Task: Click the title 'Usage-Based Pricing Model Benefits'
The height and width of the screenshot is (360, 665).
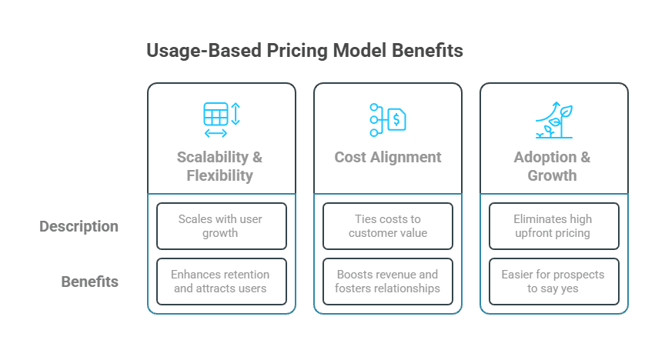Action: coord(304,51)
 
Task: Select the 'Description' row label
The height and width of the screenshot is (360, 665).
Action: coord(79,226)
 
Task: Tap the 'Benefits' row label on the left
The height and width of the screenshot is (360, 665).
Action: coord(90,282)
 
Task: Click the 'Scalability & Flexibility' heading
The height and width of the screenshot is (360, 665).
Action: coord(220,166)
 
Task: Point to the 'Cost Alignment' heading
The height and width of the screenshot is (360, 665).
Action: coord(388,157)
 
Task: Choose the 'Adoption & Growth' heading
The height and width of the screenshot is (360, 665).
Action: coord(553,166)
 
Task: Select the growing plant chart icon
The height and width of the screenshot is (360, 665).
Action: coord(554,119)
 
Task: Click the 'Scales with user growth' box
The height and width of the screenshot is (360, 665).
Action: coord(222,226)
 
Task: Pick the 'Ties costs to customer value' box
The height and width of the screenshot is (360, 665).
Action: coord(388,226)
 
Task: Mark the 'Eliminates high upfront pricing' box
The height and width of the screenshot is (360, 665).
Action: coord(554,226)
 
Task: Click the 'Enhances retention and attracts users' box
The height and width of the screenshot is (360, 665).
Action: coord(222,282)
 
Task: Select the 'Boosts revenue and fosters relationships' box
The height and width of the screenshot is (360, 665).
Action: coord(388,282)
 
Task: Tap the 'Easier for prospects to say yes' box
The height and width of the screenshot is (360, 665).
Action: coord(554,282)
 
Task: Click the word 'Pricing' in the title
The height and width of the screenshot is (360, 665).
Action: coord(297,51)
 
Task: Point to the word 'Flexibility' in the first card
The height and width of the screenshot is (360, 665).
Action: coord(220,175)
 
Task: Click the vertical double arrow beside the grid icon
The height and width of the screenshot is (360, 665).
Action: coord(236,114)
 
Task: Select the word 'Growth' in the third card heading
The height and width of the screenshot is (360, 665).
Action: coord(553,175)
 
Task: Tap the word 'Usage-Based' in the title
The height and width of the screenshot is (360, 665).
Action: coord(202,51)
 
